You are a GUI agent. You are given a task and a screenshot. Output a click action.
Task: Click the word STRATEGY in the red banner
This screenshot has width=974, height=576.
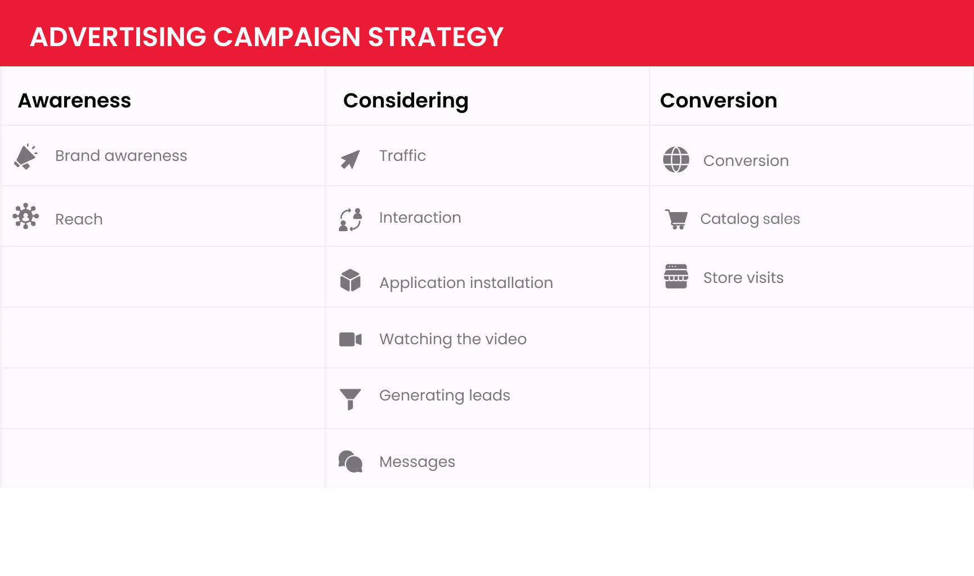436,37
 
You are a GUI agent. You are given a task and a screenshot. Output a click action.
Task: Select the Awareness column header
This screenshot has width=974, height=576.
74,101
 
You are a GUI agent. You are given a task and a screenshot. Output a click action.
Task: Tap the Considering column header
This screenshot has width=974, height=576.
406,101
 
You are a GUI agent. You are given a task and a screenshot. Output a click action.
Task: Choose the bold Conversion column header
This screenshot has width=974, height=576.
719,101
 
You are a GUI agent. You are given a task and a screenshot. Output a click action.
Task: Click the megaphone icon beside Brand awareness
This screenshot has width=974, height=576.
26,156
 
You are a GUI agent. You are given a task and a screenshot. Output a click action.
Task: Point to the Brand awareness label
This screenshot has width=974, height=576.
121,156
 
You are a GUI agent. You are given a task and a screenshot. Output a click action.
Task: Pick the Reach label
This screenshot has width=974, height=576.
79,219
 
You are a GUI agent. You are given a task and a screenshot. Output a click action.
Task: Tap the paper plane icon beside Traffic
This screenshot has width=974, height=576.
350,160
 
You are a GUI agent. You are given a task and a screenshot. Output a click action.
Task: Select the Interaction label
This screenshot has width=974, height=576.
420,218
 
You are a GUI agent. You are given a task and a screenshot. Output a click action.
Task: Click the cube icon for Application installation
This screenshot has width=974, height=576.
350,280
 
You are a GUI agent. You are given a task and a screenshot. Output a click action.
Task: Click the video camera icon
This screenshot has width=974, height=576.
350,339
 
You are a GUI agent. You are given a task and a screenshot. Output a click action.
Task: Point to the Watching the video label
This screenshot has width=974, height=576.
453,339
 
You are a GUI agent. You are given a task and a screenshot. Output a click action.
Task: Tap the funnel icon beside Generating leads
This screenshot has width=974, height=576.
350,399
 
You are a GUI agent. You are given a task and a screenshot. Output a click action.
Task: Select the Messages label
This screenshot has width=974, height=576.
417,462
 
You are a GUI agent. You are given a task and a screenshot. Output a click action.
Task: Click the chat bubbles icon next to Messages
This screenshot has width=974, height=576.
350,461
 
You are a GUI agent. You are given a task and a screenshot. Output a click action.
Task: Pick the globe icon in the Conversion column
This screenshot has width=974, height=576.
676,160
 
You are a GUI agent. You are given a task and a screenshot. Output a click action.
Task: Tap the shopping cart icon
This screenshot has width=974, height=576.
676,219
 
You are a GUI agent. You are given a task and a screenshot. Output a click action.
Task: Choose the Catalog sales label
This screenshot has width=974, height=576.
750,219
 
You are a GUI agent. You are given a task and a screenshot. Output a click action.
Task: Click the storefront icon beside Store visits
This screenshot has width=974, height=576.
676,276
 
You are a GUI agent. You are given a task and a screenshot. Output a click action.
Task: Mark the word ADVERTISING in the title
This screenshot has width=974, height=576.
118,37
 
